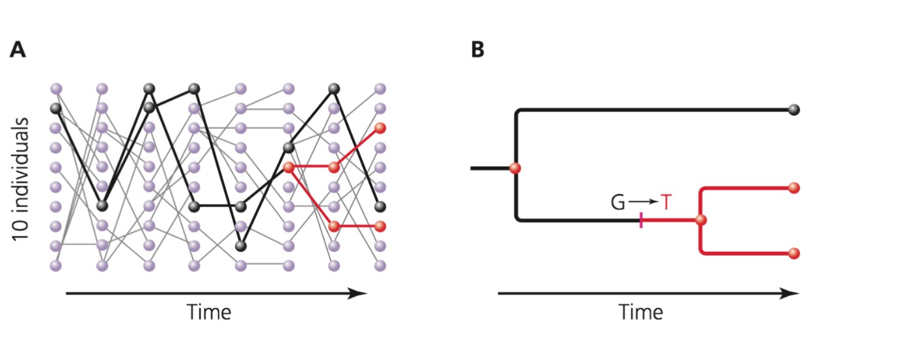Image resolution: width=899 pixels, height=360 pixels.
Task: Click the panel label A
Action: click(x=18, y=50)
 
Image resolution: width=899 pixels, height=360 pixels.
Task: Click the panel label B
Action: click(x=477, y=50)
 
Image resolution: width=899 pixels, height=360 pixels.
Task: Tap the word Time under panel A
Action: click(x=209, y=312)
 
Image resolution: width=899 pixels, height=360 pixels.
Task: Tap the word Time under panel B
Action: click(x=641, y=312)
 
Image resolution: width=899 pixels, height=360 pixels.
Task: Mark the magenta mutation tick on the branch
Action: click(x=642, y=221)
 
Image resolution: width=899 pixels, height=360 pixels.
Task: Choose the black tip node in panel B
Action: click(x=793, y=109)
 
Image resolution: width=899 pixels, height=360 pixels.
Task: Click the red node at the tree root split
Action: click(x=516, y=169)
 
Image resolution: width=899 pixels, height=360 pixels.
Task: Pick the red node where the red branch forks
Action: click(x=700, y=221)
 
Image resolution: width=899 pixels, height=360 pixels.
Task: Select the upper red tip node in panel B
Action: click(x=793, y=188)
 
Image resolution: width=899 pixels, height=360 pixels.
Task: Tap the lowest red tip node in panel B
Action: click(x=793, y=253)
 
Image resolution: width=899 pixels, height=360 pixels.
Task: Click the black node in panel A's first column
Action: click(x=56, y=108)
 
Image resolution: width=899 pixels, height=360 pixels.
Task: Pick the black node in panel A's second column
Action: click(x=102, y=206)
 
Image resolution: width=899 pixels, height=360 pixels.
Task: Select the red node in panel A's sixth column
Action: click(x=288, y=168)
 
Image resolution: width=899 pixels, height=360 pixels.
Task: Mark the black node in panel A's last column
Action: click(x=381, y=207)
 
